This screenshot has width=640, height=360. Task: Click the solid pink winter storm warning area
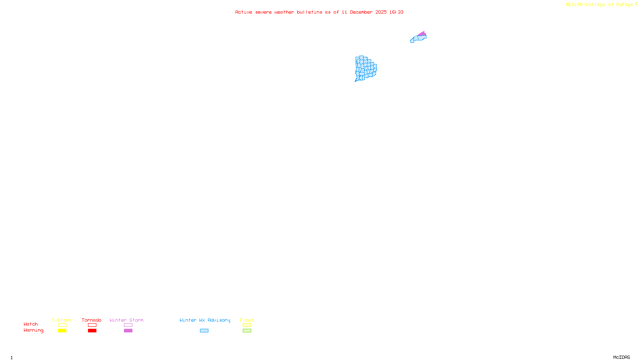(422, 33)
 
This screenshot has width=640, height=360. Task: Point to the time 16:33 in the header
(396, 12)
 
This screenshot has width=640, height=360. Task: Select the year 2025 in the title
(381, 12)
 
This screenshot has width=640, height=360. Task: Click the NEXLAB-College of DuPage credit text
(599, 4)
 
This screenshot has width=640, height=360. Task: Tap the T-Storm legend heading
(62, 320)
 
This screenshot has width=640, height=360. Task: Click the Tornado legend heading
(92, 320)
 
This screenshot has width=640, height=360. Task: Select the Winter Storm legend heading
(126, 320)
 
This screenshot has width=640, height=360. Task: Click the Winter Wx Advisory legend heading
(205, 320)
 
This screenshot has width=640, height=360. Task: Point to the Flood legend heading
(247, 320)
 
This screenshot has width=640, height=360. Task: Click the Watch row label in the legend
(31, 324)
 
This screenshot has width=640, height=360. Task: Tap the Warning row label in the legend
(34, 330)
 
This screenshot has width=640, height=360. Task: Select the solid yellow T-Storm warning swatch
(62, 331)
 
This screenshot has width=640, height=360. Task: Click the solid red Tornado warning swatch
(92, 331)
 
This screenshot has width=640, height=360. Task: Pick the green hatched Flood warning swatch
(247, 331)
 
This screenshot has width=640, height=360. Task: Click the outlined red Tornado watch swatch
(92, 325)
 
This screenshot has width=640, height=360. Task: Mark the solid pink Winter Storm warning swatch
(128, 331)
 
